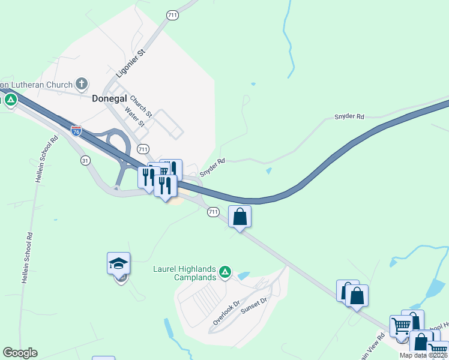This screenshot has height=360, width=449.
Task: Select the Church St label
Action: click(x=142, y=107)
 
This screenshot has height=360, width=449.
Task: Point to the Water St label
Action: click(x=135, y=116)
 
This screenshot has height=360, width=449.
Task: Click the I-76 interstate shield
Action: click(x=76, y=131)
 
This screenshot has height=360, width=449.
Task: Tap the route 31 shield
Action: click(x=85, y=160)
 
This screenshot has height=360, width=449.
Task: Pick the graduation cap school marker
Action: click(x=119, y=263)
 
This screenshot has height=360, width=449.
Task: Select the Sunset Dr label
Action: click(x=253, y=305)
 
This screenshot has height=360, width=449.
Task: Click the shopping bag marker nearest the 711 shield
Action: click(x=240, y=216)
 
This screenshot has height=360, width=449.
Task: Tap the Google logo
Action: click(x=20, y=353)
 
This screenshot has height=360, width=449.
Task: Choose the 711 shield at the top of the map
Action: click(x=173, y=14)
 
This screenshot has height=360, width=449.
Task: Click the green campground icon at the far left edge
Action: click(x=10, y=100)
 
